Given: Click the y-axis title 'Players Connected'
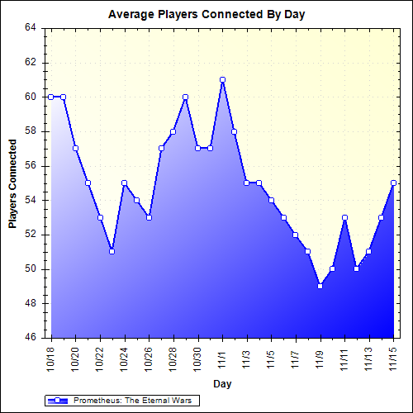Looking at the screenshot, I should point(12,183).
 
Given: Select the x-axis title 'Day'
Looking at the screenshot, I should point(221,383).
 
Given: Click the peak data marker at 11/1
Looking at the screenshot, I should point(223,79).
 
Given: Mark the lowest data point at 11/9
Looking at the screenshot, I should point(320,286).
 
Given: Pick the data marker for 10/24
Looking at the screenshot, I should point(125,183).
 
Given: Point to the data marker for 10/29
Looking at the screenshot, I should point(186,97).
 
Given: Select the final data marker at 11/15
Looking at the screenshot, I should point(394,183).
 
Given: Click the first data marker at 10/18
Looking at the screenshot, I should point(51,97).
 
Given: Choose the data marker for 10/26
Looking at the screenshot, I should point(150,217).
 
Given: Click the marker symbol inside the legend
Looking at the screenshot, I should point(58,401).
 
